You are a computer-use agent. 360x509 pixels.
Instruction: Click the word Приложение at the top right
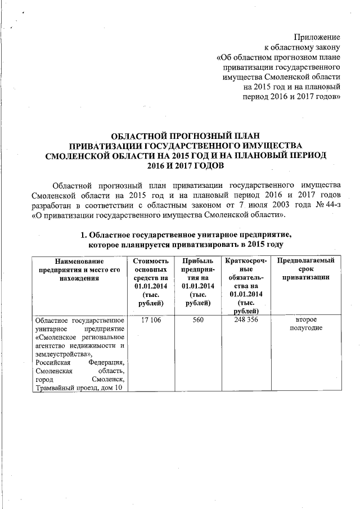pos(317,37)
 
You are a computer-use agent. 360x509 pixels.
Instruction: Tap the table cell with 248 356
pos(245,320)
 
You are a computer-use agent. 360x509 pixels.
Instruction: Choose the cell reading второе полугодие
pos(304,324)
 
